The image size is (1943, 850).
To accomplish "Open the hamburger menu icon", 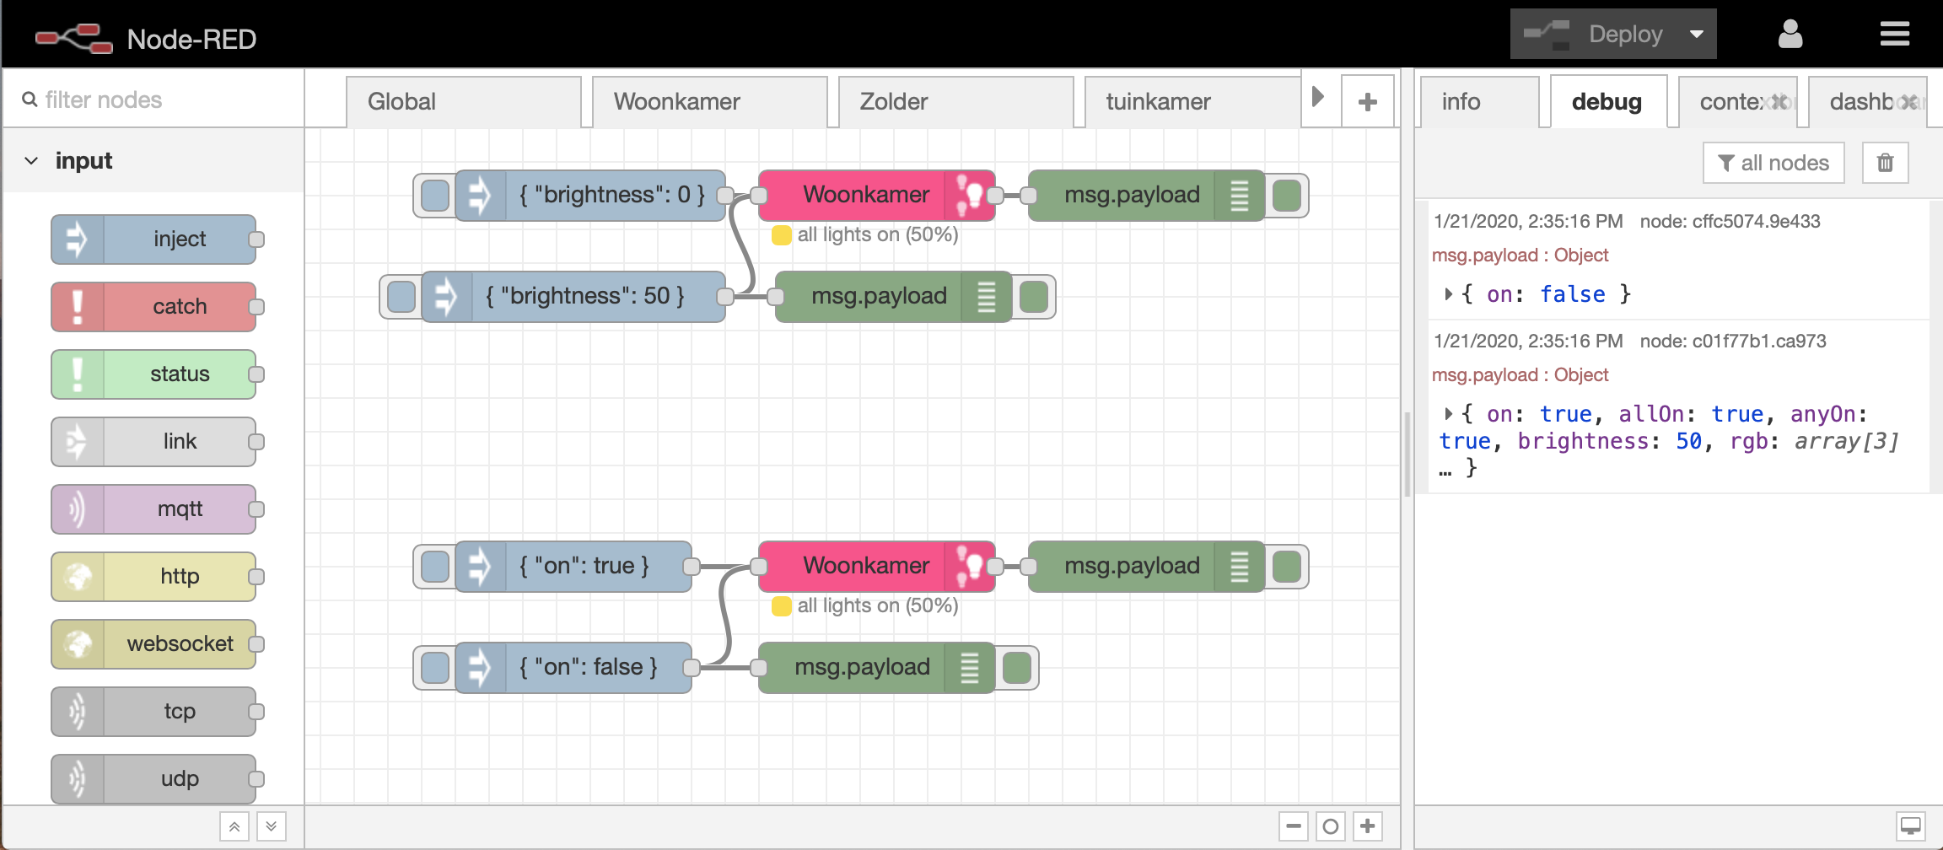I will point(1894,35).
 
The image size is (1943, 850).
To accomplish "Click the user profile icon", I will point(1790,35).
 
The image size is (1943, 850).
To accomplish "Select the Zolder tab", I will point(955,102).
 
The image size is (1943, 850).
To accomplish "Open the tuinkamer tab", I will point(1191,102).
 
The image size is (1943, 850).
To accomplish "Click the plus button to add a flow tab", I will point(1367,102).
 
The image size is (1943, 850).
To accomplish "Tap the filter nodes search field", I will point(160,100).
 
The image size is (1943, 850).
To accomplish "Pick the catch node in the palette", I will point(153,307).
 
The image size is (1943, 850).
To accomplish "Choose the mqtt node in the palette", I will point(153,509).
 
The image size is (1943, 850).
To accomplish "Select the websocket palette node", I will point(153,644).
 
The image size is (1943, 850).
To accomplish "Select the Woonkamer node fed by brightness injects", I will point(865,196).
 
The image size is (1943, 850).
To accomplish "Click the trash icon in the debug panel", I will point(1885,163).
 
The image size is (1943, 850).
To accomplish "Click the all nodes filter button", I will point(1773,163).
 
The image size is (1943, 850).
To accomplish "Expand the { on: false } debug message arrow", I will point(1447,294).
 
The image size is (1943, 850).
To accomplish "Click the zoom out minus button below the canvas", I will point(1293,826).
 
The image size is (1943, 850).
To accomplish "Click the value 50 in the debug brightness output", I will point(1688,441).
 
